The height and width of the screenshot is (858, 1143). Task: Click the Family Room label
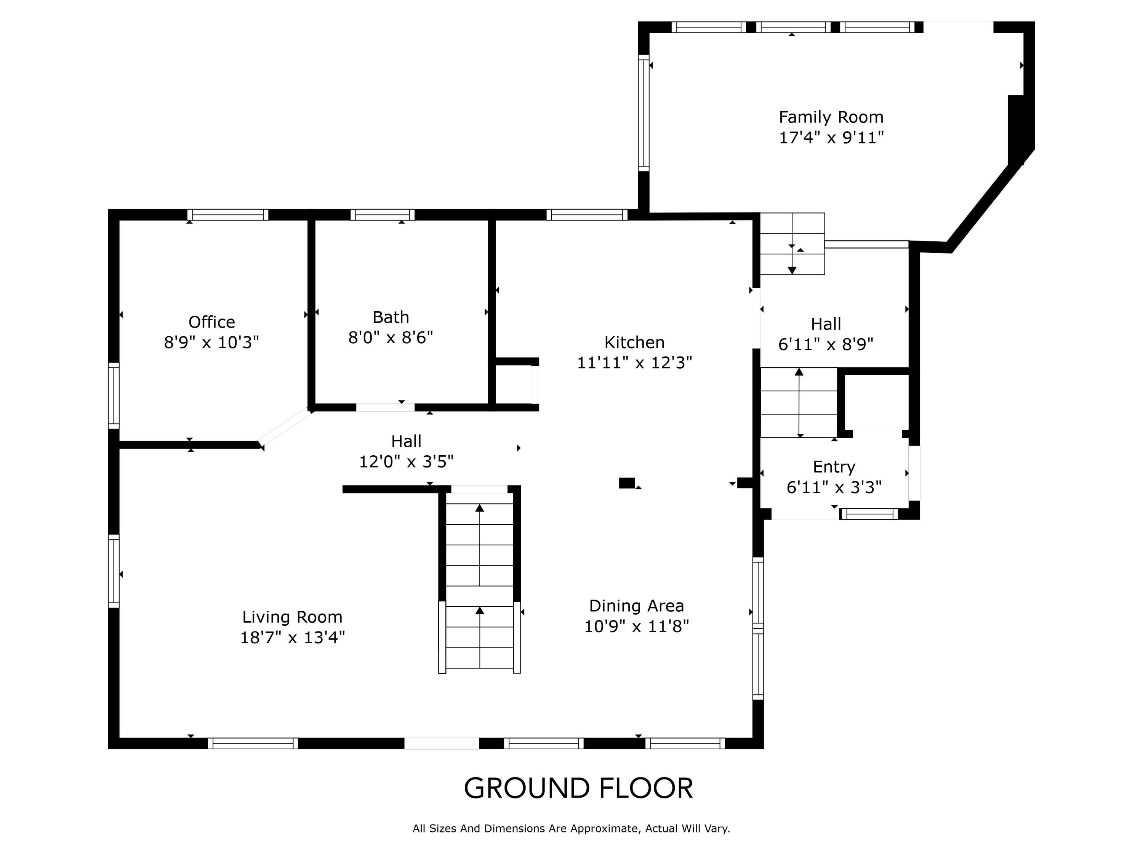831,117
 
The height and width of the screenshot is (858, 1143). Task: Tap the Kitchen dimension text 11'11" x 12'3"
634,363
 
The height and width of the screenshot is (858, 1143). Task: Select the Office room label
212,322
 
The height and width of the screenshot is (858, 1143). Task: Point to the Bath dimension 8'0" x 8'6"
391,337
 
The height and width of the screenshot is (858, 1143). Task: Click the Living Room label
293,617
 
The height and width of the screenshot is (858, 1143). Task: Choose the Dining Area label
637,606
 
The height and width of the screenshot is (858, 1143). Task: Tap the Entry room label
834,467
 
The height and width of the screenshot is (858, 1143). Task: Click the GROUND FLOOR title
578,788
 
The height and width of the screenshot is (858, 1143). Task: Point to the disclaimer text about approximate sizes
571,829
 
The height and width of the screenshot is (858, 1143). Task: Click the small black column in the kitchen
627,483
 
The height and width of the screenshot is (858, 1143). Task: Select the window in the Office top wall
228,215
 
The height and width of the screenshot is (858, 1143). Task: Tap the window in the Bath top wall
383,215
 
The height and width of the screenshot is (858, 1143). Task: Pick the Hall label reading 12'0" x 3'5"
407,451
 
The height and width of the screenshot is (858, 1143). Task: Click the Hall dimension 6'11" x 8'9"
826,344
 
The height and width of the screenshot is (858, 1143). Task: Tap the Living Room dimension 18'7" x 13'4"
293,637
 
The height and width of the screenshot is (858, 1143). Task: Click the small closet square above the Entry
876,402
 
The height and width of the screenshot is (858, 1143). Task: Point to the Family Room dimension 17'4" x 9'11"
831,138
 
